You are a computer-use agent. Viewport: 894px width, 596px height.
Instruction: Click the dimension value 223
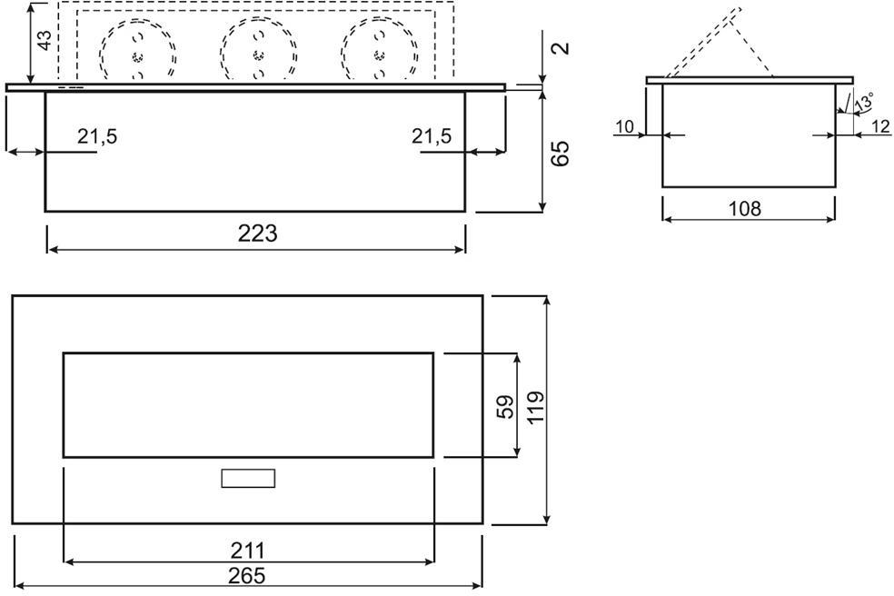257,233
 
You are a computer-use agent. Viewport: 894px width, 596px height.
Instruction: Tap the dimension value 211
246,551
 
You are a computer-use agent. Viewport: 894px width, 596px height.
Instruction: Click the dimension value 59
506,405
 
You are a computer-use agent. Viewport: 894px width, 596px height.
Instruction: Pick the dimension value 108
745,208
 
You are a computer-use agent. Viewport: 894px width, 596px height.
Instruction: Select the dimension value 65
561,153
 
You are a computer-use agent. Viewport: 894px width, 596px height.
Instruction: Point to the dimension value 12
879,127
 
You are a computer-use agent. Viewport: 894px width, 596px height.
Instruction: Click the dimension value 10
624,127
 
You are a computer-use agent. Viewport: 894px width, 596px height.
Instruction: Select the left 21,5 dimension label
97,137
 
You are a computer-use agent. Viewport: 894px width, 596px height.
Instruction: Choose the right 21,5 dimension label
431,137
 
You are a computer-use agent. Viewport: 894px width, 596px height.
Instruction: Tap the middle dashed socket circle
259,53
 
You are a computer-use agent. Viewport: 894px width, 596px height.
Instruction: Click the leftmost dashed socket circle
137,53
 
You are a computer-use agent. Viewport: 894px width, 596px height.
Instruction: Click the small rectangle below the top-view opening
248,478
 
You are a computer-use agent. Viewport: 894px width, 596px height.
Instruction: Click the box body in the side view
748,135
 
